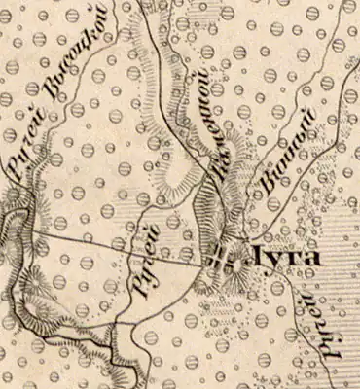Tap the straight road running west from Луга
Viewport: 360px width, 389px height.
click(117, 248)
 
